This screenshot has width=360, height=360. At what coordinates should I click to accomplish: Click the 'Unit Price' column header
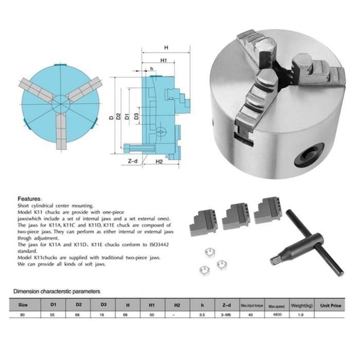(331, 305)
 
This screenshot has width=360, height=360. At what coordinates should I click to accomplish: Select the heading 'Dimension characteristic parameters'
(57, 291)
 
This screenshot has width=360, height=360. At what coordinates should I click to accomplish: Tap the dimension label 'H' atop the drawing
(166, 48)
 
